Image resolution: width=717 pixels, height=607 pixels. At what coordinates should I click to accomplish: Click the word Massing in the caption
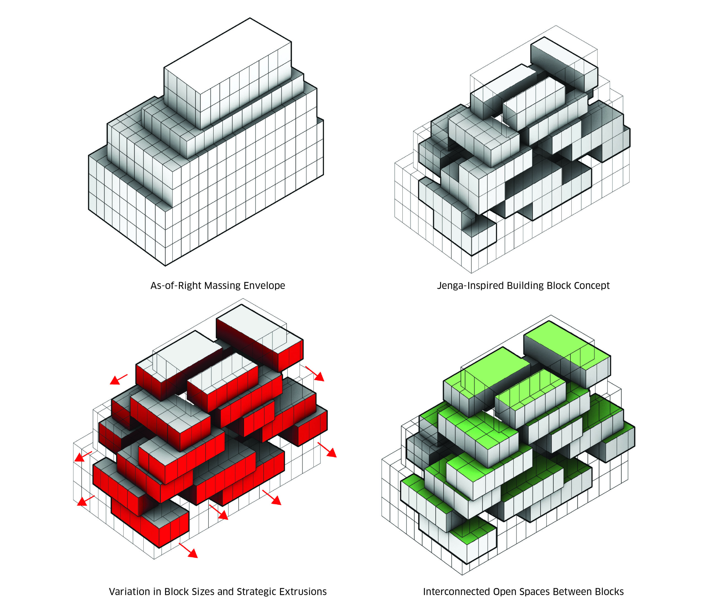point(223,286)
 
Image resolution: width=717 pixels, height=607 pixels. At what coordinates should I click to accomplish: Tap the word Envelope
point(264,286)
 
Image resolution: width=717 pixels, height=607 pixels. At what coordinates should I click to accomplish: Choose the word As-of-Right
point(176,286)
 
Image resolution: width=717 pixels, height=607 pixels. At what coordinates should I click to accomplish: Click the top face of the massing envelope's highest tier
point(228,55)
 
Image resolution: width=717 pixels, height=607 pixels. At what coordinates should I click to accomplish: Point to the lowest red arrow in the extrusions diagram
point(188,550)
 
